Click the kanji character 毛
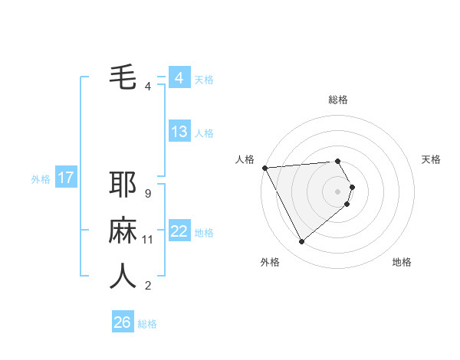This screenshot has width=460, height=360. tap(123, 77)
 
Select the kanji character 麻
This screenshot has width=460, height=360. tap(123, 230)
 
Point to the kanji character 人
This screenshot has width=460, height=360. tap(123, 276)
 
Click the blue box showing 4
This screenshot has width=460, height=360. tap(179, 78)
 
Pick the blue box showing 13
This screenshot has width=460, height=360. tap(179, 132)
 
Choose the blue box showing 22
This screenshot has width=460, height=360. tap(179, 231)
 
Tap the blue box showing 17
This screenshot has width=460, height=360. tap(65, 178)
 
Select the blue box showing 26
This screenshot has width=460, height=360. tap(122, 322)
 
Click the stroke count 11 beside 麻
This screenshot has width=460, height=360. tap(147, 240)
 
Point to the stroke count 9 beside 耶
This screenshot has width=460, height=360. tap(147, 194)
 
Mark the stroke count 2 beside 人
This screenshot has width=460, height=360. tap(147, 286)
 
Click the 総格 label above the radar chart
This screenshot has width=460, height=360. tap(338, 100)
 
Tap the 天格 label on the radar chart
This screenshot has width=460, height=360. tap(432, 159)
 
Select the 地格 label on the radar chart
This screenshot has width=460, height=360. tap(402, 262)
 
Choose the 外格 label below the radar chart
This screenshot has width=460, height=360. tap(270, 262)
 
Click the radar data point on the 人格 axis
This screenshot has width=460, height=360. tap(264, 168)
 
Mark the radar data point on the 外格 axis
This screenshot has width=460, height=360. tap(301, 242)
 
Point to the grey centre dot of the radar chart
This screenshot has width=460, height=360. tap(338, 190)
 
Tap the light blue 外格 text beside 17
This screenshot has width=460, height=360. tap(41, 179)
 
